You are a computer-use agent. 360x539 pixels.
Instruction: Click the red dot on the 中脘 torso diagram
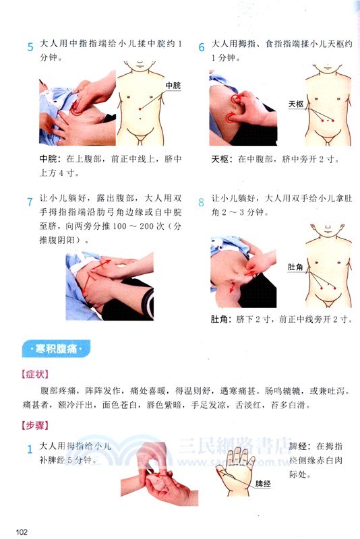[x=140, y=108]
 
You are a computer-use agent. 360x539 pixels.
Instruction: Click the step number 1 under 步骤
[x=30, y=449]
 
